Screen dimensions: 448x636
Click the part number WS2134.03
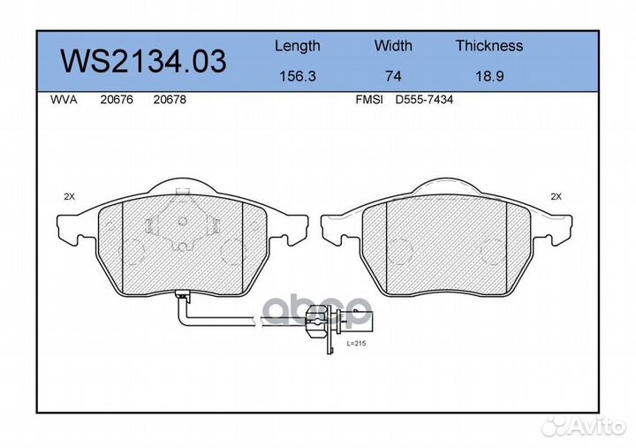[x=142, y=62]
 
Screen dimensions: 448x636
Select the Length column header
[x=297, y=46]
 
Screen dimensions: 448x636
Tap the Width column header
[x=392, y=46]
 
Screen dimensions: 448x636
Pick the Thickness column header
[x=488, y=46]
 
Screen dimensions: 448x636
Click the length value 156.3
[x=297, y=76]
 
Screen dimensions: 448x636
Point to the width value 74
[x=392, y=76]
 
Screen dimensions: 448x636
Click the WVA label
[x=64, y=100]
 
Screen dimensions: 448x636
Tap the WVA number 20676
[x=117, y=100]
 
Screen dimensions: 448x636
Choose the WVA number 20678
[x=169, y=100]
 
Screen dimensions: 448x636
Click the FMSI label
[x=368, y=100]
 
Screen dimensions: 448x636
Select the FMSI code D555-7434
[x=424, y=100]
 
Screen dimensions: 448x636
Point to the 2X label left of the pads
[x=70, y=196]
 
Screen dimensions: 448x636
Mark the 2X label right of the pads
[x=556, y=196]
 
